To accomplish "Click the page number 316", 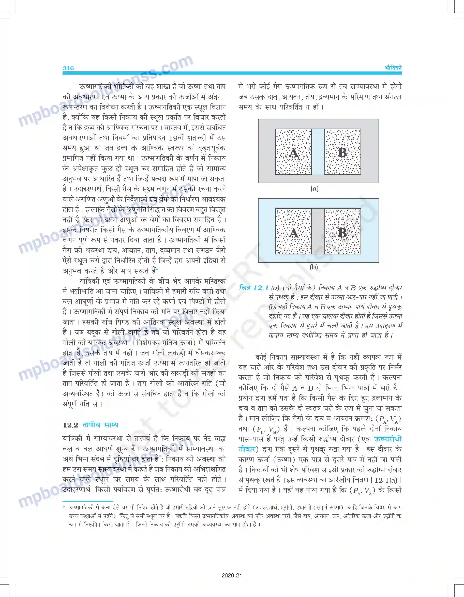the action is [68, 68].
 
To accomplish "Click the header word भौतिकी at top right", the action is [393, 68].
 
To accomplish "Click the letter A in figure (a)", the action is [294, 152].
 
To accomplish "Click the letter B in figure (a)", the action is [342, 152].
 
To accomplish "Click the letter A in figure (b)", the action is [294, 233].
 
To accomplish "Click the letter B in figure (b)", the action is [342, 233].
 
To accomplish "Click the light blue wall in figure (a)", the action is [318, 152].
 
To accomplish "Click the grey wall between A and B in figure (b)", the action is [318, 232].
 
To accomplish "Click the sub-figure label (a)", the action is [315, 189].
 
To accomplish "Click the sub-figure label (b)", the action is [314, 267].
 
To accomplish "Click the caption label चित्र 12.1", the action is [254, 288].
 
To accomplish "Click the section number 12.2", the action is [70, 425].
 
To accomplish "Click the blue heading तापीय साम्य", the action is [100, 425].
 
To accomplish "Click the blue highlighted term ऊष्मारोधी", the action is [388, 439].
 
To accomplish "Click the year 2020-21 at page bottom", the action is [232, 575].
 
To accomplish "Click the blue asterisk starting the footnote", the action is [64, 508].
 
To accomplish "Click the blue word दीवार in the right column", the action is [247, 449].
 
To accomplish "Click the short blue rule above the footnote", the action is [88, 502].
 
